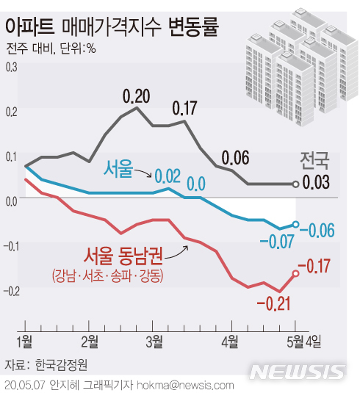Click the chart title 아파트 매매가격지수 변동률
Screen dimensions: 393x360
pos(113,27)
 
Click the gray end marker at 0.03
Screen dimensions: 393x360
pos(295,184)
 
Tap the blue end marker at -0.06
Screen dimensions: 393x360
pos(295,224)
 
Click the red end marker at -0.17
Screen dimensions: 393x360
pos(295,273)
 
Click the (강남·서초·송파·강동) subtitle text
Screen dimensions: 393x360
pos(107,276)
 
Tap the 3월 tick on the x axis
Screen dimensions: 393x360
pos(154,339)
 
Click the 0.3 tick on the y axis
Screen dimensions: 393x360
pos(10,68)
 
